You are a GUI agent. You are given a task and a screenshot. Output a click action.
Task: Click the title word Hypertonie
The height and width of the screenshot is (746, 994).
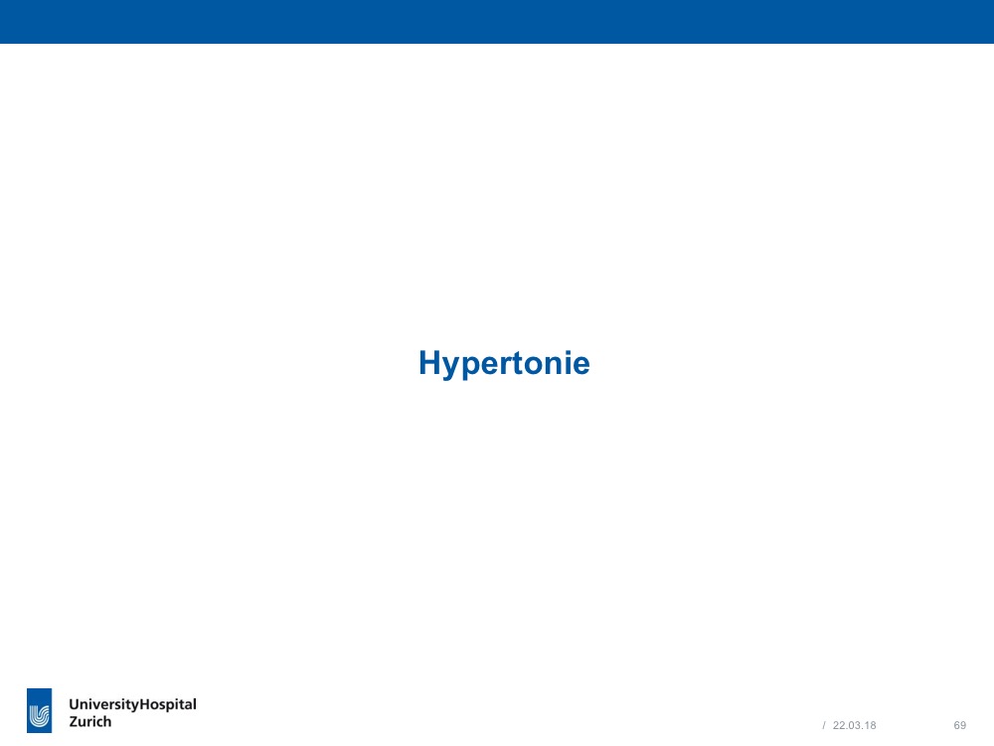pyautogui.click(x=504, y=364)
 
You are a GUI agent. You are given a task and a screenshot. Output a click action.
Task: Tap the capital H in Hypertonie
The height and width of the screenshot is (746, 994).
pyautogui.click(x=429, y=362)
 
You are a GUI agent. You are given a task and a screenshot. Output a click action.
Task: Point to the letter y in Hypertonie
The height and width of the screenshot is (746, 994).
pyautogui.click(x=452, y=368)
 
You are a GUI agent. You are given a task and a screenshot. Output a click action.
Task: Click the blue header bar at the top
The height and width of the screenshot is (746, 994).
pyautogui.click(x=497, y=22)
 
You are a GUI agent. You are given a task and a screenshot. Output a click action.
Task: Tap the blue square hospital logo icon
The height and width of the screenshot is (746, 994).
pyautogui.click(x=40, y=710)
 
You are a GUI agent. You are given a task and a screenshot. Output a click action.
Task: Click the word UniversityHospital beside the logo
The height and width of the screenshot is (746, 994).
pyautogui.click(x=132, y=705)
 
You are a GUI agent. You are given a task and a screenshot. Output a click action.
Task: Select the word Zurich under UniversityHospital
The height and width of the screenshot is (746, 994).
pyautogui.click(x=90, y=721)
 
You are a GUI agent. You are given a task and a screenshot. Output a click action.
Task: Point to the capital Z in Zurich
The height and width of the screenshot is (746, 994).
pyautogui.click(x=74, y=721)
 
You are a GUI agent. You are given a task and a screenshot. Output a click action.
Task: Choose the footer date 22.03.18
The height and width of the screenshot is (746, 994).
pyautogui.click(x=854, y=725)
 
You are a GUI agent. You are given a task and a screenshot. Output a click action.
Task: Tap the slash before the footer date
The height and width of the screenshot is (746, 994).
pyautogui.click(x=824, y=725)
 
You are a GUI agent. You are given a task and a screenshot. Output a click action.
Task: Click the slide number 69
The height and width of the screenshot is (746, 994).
pyautogui.click(x=960, y=725)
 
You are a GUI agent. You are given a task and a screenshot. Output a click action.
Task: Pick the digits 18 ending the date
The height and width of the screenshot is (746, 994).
pyautogui.click(x=871, y=725)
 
